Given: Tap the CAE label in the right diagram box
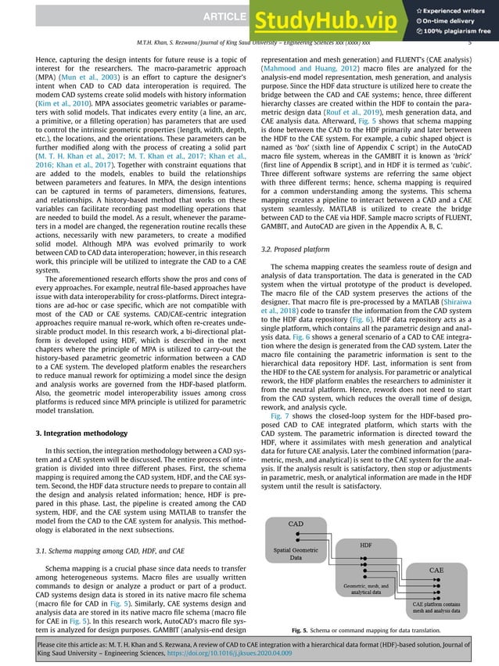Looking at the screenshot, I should [x=437, y=571].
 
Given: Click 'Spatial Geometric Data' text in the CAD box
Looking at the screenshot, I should [x=296, y=554].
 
